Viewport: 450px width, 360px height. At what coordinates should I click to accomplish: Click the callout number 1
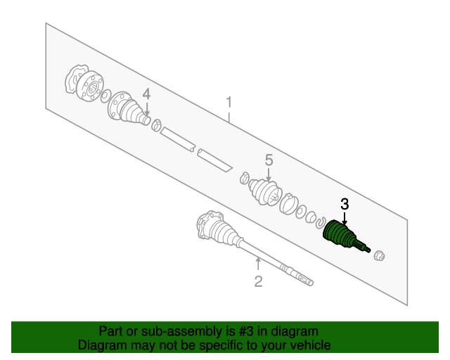[229, 103]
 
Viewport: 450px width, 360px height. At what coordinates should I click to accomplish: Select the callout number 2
[258, 281]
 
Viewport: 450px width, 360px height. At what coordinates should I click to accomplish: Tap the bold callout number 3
[345, 204]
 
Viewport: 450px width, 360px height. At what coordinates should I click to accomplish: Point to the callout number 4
[146, 94]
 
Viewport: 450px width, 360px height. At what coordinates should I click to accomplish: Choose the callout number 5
[269, 160]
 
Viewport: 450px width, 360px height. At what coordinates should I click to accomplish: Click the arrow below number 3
[345, 218]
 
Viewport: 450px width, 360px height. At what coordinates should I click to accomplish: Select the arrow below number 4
[147, 109]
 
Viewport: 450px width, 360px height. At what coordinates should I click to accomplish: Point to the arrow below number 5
[269, 174]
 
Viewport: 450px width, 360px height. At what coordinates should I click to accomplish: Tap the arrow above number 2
[258, 264]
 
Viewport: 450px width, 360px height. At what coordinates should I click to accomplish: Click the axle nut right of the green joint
[380, 255]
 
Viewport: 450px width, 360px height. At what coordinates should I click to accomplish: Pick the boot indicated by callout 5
[264, 192]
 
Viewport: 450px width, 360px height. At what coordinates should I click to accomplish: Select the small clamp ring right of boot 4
[156, 125]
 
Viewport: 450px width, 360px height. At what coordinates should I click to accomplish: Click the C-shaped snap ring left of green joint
[321, 222]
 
